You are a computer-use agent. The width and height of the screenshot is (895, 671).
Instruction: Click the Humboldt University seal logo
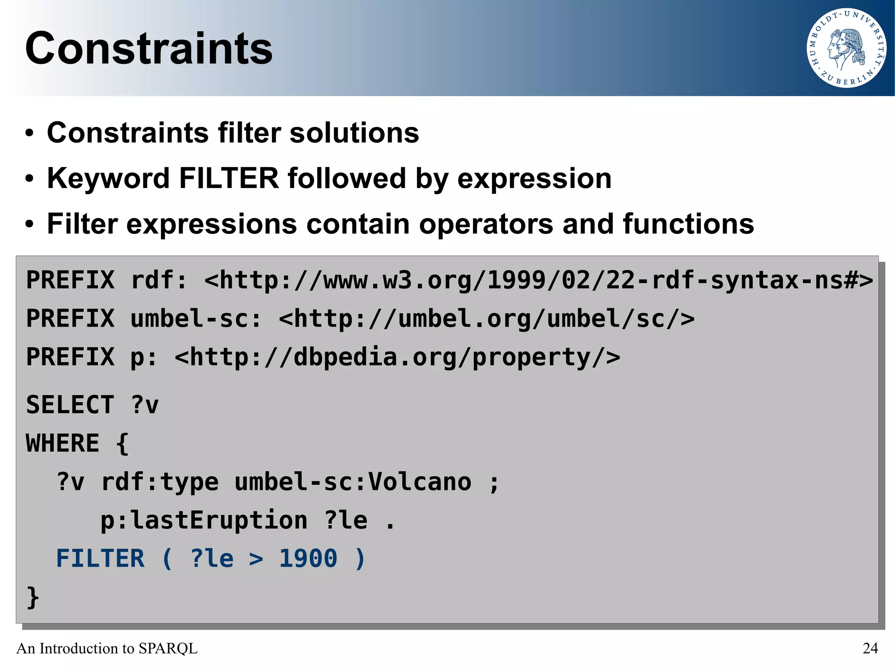(846, 48)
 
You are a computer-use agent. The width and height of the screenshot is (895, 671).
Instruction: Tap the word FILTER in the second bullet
(229, 178)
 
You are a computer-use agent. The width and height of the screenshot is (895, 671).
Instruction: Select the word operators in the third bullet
(486, 224)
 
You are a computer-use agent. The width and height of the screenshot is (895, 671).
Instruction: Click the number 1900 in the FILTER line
(308, 559)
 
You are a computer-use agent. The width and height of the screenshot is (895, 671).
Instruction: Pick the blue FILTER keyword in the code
(101, 559)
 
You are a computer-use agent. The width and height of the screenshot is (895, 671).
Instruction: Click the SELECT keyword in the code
(70, 405)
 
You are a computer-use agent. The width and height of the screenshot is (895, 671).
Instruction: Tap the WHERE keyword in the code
(63, 443)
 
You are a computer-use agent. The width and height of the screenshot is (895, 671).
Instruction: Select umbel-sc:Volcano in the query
(353, 482)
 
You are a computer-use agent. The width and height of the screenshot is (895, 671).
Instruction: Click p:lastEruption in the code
(204, 520)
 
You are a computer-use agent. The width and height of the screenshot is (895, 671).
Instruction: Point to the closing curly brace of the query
(33, 597)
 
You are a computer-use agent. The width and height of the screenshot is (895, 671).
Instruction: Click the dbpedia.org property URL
(397, 357)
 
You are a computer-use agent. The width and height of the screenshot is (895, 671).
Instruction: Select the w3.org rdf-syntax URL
(538, 280)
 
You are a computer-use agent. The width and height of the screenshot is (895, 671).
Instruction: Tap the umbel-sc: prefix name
(196, 319)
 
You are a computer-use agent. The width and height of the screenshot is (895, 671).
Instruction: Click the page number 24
(870, 648)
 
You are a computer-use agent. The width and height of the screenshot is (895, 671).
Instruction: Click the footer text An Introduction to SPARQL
(107, 648)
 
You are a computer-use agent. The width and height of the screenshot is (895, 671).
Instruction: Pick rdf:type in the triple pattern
(160, 482)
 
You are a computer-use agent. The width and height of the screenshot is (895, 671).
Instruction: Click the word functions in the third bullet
(688, 224)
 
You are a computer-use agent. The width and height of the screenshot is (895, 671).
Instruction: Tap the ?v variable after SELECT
(145, 405)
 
